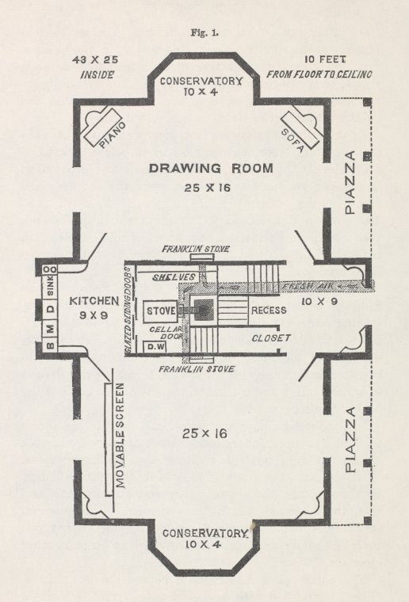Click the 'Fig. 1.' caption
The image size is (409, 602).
[204, 32]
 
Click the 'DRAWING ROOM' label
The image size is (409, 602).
[211, 168]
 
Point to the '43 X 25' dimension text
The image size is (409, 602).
[95, 60]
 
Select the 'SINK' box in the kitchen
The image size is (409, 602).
[51, 287]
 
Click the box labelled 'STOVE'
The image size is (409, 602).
[160, 311]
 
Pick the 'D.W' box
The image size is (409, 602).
[155, 347]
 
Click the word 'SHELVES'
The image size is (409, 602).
[174, 277]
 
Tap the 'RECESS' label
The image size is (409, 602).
[269, 311]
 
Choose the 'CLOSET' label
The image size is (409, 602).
[271, 338]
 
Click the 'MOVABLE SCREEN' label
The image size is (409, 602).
[120, 436]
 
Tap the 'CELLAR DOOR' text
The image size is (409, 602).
[166, 333]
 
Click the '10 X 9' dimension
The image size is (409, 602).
[320, 301]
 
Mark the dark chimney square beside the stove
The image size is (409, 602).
[204, 310]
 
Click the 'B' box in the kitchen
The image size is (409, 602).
[51, 345]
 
